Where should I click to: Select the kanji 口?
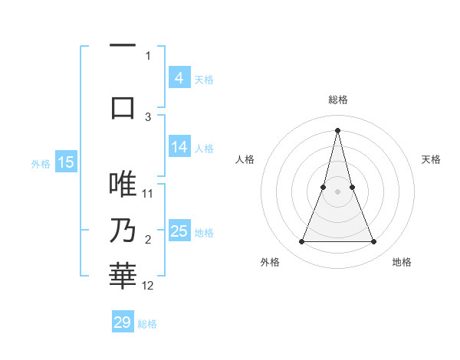click(123, 107)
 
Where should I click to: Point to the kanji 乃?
click(123, 231)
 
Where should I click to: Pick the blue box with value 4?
click(179, 77)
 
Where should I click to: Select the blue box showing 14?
click(179, 147)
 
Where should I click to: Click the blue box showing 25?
click(179, 231)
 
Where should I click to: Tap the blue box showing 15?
click(65, 162)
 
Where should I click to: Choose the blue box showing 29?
click(123, 322)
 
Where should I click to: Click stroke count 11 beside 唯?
click(148, 194)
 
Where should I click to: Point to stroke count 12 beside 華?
click(148, 286)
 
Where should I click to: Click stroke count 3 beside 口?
click(148, 116)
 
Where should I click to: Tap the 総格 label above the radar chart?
click(337, 100)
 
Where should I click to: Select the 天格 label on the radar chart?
click(432, 159)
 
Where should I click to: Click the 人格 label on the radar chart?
click(245, 159)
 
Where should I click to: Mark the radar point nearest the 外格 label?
click(301, 242)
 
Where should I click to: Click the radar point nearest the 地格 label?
click(374, 242)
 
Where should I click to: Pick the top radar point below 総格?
click(337, 129)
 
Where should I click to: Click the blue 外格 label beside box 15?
click(40, 163)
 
